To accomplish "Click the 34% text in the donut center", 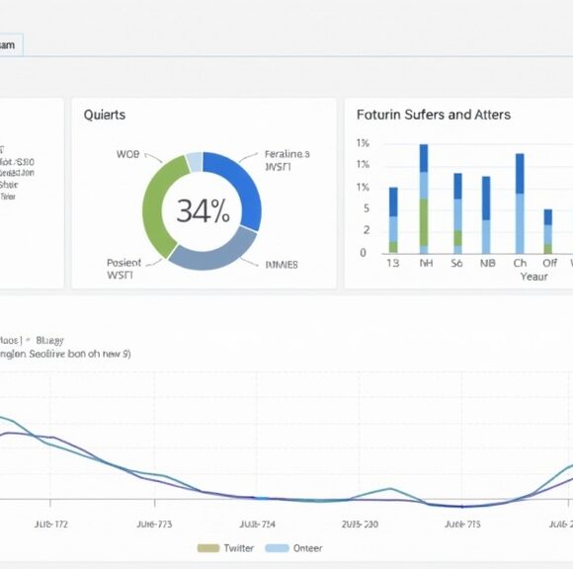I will pyautogui.click(x=203, y=210).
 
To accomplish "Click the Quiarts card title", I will pyautogui.click(x=105, y=115).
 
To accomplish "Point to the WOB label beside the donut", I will pyautogui.click(x=127, y=155).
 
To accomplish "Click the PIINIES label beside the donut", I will pyautogui.click(x=283, y=265).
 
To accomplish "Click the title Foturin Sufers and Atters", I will pyautogui.click(x=434, y=115).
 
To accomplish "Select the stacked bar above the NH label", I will pyautogui.click(x=424, y=199).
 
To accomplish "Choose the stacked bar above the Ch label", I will pyautogui.click(x=520, y=203).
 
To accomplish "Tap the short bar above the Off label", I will pyautogui.click(x=548, y=231).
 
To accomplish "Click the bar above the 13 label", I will pyautogui.click(x=393, y=220).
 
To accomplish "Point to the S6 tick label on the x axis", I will pyautogui.click(x=456, y=264).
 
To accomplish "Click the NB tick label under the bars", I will pyautogui.click(x=487, y=264).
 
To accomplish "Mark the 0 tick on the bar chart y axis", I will pyautogui.click(x=363, y=253).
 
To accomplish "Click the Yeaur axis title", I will pyautogui.click(x=533, y=277).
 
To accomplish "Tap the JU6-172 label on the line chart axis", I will pyautogui.click(x=50, y=525).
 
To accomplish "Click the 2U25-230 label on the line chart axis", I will pyautogui.click(x=359, y=525).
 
